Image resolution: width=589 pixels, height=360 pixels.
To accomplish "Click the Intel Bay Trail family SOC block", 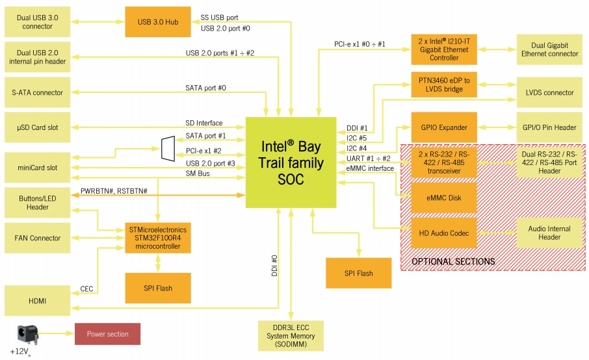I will tap(291, 162).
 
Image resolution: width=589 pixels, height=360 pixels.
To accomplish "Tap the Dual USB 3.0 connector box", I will tap(36, 22).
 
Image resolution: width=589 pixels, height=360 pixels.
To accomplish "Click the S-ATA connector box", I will tap(36, 92).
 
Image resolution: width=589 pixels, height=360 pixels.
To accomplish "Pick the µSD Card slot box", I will tap(36, 127).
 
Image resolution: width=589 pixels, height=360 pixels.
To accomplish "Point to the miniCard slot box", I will tap(36, 168).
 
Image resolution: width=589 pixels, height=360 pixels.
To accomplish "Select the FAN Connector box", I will tap(36, 238).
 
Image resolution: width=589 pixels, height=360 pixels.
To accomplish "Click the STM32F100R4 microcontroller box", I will tap(157, 238).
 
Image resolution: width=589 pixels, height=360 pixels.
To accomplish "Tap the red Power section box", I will tap(108, 334).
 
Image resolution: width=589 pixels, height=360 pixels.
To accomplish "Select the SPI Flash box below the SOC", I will tap(359, 273).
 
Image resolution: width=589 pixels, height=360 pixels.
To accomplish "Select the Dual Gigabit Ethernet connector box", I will tap(549, 50).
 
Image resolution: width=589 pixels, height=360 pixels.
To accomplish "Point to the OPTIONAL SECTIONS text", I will tap(453, 261).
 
